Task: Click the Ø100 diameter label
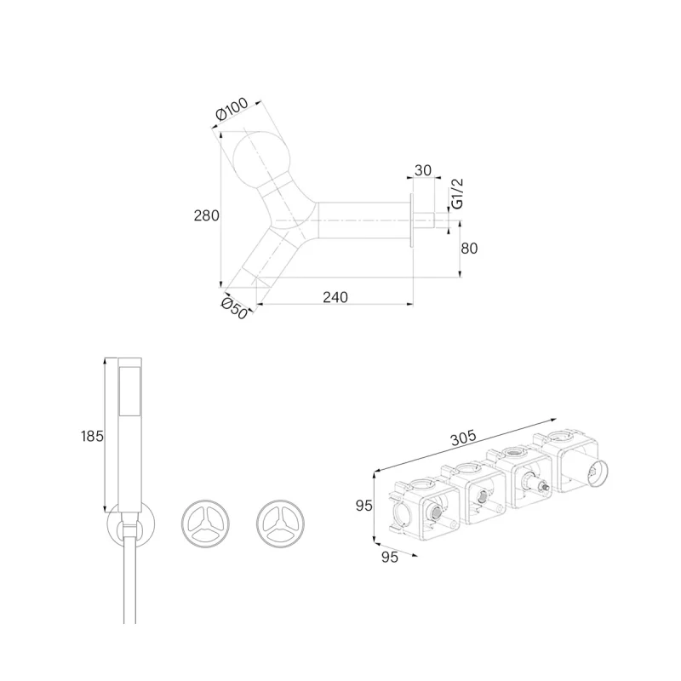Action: (x=232, y=109)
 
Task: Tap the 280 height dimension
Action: (x=206, y=215)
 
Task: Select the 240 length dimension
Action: (x=335, y=297)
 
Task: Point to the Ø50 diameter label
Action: (x=234, y=308)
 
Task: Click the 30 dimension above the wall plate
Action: (x=422, y=170)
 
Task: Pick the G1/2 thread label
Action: (x=457, y=193)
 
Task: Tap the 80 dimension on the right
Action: (x=469, y=249)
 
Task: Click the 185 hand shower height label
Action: (x=92, y=436)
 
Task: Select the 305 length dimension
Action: (x=463, y=438)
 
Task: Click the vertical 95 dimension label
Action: (x=364, y=506)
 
